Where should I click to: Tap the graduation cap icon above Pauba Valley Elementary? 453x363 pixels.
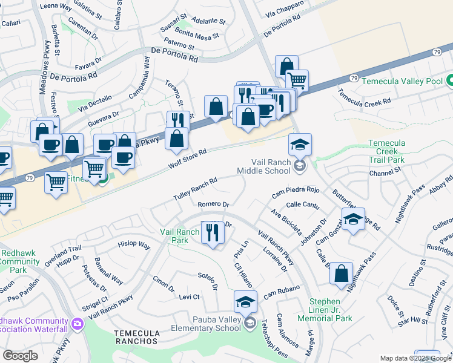(245, 301)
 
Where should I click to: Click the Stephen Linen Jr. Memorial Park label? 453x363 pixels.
(330, 310)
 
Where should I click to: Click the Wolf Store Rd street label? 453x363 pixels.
(188, 159)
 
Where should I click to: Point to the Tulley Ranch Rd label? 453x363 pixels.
(195, 190)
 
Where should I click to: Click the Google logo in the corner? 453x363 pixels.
(19, 355)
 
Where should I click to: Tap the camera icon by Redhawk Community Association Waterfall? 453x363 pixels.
(77, 324)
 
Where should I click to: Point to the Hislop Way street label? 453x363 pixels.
(134, 246)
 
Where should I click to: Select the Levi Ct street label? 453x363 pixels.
(189, 297)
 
